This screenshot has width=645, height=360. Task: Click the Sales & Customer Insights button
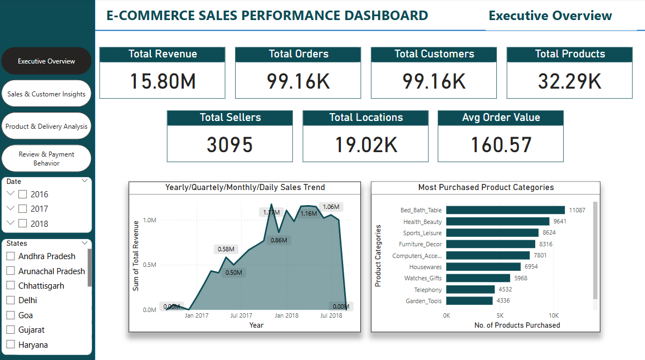(46, 94)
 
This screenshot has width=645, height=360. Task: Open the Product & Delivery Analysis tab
(46, 127)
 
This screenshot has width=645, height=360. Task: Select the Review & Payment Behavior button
(46, 159)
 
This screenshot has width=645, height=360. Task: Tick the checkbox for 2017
(22, 209)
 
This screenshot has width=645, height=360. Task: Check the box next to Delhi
(11, 300)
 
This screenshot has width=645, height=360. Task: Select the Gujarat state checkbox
(11, 330)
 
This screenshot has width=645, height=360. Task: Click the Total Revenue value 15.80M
(163, 81)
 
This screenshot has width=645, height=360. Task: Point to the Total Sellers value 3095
(229, 145)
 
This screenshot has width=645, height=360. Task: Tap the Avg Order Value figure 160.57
(501, 145)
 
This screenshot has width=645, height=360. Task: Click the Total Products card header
(569, 54)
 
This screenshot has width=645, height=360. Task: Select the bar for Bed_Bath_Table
(505, 210)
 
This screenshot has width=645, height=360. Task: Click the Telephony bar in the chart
(470, 289)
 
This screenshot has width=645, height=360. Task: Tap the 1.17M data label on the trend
(271, 212)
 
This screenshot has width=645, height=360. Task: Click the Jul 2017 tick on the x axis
(242, 315)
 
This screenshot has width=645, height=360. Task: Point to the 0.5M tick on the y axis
(149, 265)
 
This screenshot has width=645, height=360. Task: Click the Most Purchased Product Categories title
(486, 187)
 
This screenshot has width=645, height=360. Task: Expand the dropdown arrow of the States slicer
(85, 243)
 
